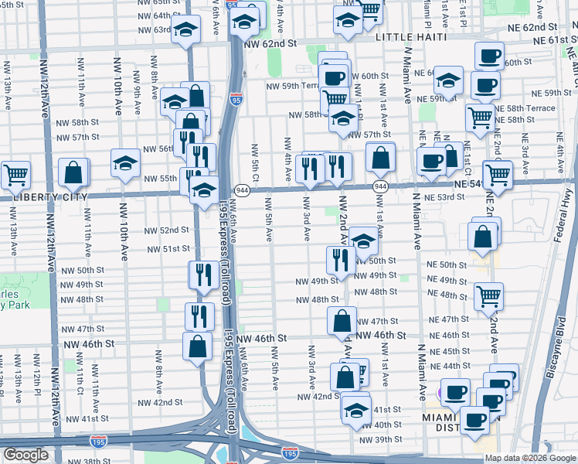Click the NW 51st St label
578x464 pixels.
171,249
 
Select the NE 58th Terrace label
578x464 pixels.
525,109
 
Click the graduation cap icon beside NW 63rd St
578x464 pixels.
185,31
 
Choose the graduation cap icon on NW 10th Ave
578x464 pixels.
125,162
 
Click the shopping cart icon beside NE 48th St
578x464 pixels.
489,295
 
